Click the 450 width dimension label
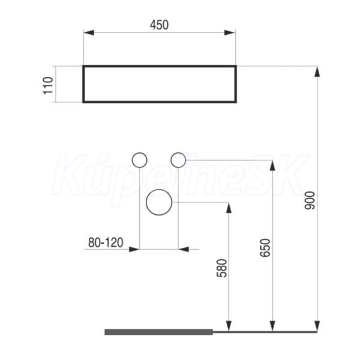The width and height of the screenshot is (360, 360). [159, 25]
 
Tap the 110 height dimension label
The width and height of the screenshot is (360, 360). [48, 85]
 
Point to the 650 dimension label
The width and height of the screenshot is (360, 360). [265, 248]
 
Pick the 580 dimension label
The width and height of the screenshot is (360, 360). [222, 268]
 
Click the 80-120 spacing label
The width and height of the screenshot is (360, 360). [106, 242]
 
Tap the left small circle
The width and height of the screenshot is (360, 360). [140, 160]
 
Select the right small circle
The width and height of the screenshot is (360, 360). [178, 160]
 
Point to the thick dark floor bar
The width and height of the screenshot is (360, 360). [158, 332]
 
